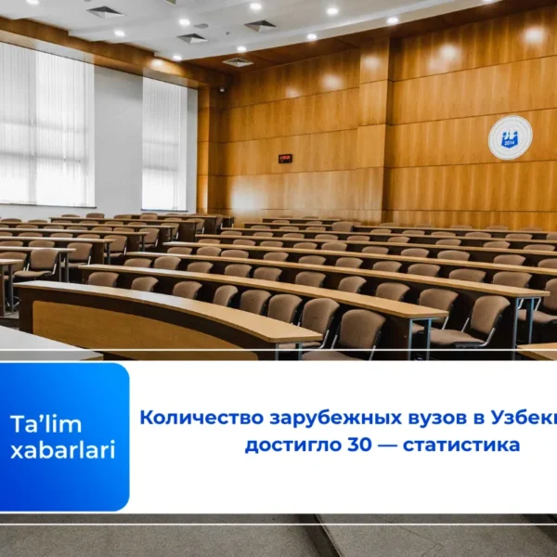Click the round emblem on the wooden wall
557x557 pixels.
coord(510,137)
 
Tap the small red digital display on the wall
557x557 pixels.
coord(284,158)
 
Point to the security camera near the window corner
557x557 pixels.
coord(221,90)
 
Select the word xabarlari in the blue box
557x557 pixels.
coord(62,450)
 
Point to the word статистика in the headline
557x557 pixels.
coord(464,446)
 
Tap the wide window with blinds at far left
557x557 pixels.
coord(45,125)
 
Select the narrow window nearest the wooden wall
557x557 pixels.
coord(164,144)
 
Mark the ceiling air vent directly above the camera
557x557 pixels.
coord(238,62)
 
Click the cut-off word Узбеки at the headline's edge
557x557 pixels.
coord(501,418)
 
